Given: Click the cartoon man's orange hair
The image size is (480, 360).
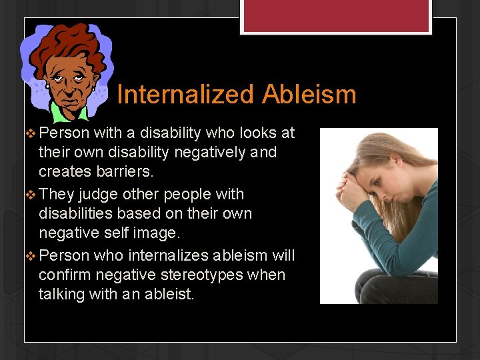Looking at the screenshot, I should tap(67, 40).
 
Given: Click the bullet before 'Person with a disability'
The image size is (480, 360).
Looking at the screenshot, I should tap(29, 133).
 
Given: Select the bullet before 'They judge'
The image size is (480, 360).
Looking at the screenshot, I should tap(29, 195).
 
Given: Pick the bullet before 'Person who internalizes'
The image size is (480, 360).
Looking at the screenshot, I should tap(29, 256).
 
